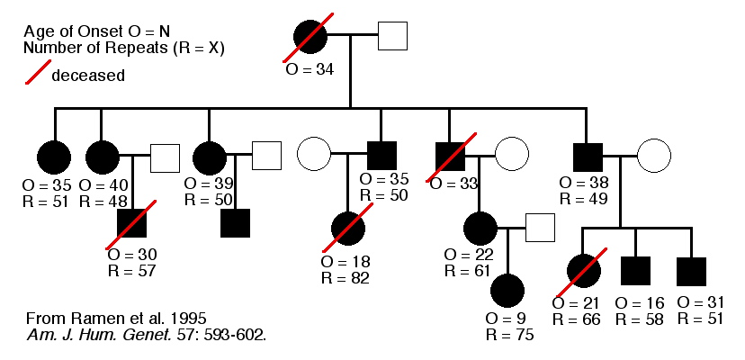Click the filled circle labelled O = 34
tap(310, 37)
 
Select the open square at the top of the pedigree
tap(393, 36)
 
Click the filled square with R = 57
tap(132, 222)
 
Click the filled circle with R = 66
tap(582, 270)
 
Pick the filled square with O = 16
tap(636, 270)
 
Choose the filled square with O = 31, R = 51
tap(691, 270)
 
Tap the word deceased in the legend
tap(88, 76)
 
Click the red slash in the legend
tap(34, 74)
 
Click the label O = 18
tap(345, 261)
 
